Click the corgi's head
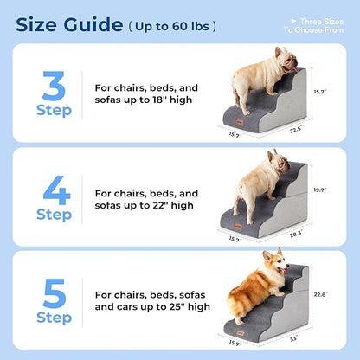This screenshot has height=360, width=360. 279,260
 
